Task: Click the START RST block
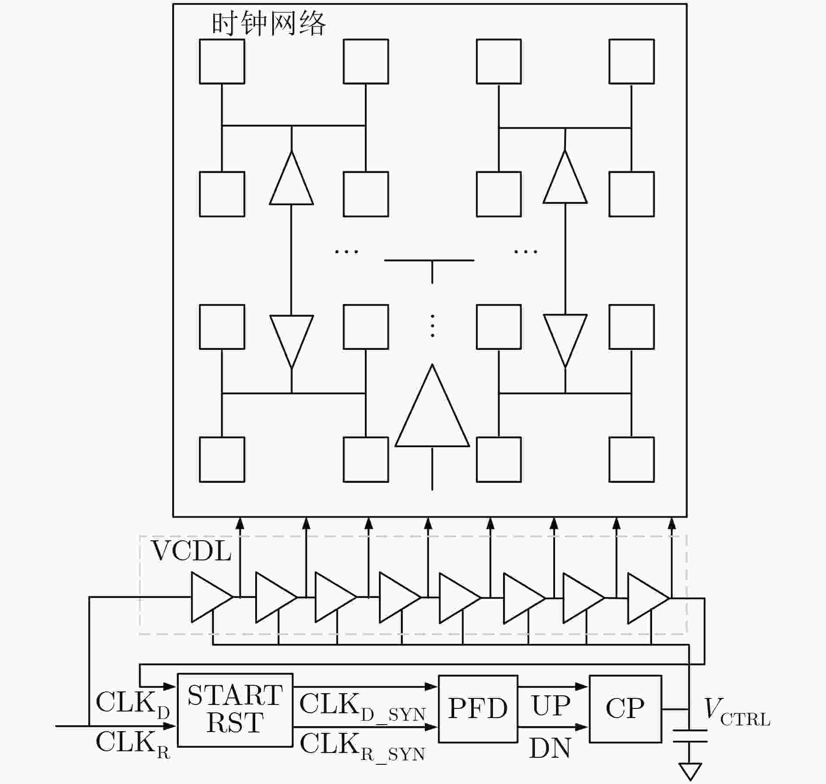pyautogui.click(x=235, y=709)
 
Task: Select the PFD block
pyautogui.click(x=478, y=708)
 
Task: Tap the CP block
pyautogui.click(x=625, y=708)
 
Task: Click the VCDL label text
pyautogui.click(x=191, y=551)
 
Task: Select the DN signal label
pyautogui.click(x=550, y=748)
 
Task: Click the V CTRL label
pyautogui.click(x=736, y=711)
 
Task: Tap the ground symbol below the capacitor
pyautogui.click(x=690, y=770)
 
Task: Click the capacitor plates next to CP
pyautogui.click(x=690, y=736)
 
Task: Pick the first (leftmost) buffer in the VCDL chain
pyautogui.click(x=210, y=597)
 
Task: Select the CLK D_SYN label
pyautogui.click(x=362, y=707)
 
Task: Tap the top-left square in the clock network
pyautogui.click(x=222, y=62)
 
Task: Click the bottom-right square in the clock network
pyautogui.click(x=631, y=459)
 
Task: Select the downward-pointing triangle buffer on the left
pyautogui.click(x=292, y=338)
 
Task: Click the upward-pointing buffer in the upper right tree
pyautogui.click(x=565, y=181)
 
